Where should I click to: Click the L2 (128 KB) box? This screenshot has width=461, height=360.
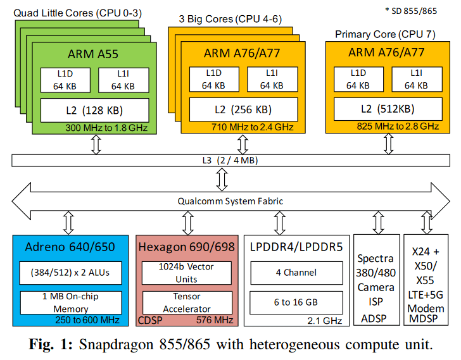click(x=94, y=110)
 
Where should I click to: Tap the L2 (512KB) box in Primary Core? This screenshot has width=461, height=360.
click(x=388, y=109)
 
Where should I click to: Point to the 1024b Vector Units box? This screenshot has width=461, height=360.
click(x=187, y=273)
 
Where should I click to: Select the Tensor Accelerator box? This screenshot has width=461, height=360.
click(x=187, y=303)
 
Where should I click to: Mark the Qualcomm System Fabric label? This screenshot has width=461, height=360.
click(x=234, y=201)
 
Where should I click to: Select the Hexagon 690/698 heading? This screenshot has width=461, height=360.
click(x=187, y=246)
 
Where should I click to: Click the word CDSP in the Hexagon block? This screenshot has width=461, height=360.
click(x=150, y=321)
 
